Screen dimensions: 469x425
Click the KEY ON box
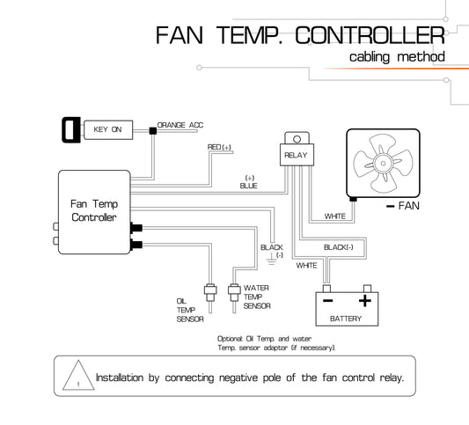[108, 130]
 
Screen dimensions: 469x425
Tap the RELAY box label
[296, 155]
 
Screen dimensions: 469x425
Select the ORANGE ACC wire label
[180, 125]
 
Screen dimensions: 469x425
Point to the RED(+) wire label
[219, 147]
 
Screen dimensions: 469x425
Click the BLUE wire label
[248, 186]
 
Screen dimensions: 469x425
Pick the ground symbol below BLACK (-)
[271, 260]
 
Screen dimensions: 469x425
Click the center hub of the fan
[383, 164]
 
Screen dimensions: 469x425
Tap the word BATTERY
[346, 319]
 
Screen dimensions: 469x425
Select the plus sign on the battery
[365, 301]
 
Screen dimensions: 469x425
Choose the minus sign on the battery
[328, 301]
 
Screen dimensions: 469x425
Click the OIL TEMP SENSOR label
[190, 310]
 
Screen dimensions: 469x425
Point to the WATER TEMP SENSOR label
[257, 297]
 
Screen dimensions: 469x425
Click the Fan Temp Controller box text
[94, 210]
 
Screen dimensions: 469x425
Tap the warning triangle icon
[78, 375]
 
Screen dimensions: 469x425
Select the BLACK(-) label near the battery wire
[339, 247]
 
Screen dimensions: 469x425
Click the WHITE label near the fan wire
[335, 216]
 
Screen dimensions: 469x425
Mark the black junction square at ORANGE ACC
[153, 131]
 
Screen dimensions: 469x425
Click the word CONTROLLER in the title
[370, 35]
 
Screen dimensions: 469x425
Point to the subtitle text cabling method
[397, 57]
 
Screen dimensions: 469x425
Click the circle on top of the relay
[297, 139]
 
